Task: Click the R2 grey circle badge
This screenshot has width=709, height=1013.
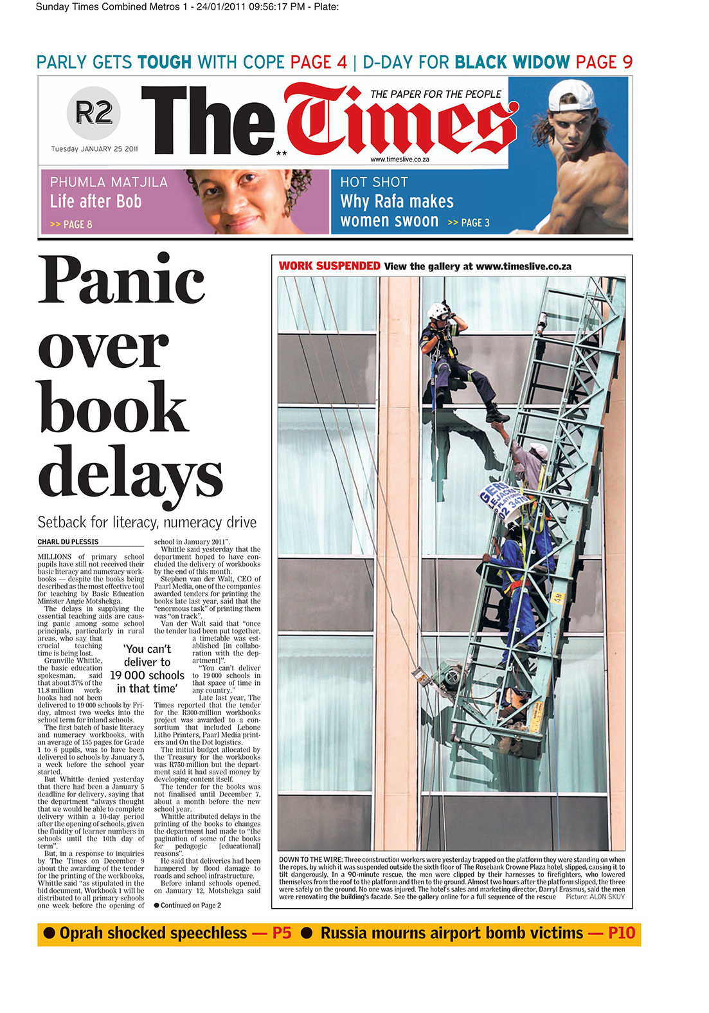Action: (x=94, y=113)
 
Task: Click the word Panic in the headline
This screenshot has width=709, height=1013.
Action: (x=121, y=280)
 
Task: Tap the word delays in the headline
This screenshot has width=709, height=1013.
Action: (x=130, y=473)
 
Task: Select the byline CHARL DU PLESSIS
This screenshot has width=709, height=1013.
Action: (x=68, y=542)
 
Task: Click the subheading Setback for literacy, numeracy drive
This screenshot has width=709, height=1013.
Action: (x=147, y=522)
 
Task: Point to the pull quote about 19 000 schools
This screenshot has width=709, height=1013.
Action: (x=147, y=669)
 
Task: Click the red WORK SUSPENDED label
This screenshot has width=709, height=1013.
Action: (x=329, y=266)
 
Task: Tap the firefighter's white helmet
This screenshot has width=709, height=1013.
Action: (x=439, y=310)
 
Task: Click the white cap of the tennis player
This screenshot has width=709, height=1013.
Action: (x=571, y=95)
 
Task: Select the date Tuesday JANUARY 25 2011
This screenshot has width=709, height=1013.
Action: (x=94, y=149)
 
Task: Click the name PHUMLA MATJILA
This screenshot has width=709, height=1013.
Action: (x=109, y=183)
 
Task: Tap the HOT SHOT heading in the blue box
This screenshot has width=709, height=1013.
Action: (x=374, y=183)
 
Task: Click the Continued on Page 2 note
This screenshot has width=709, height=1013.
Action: (x=188, y=906)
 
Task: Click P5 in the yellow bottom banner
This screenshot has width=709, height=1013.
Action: (x=282, y=933)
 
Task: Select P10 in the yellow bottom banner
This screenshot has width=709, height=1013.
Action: (x=621, y=933)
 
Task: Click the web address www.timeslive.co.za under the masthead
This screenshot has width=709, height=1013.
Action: (x=400, y=160)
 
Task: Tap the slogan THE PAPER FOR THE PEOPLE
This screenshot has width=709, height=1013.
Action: (x=435, y=95)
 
